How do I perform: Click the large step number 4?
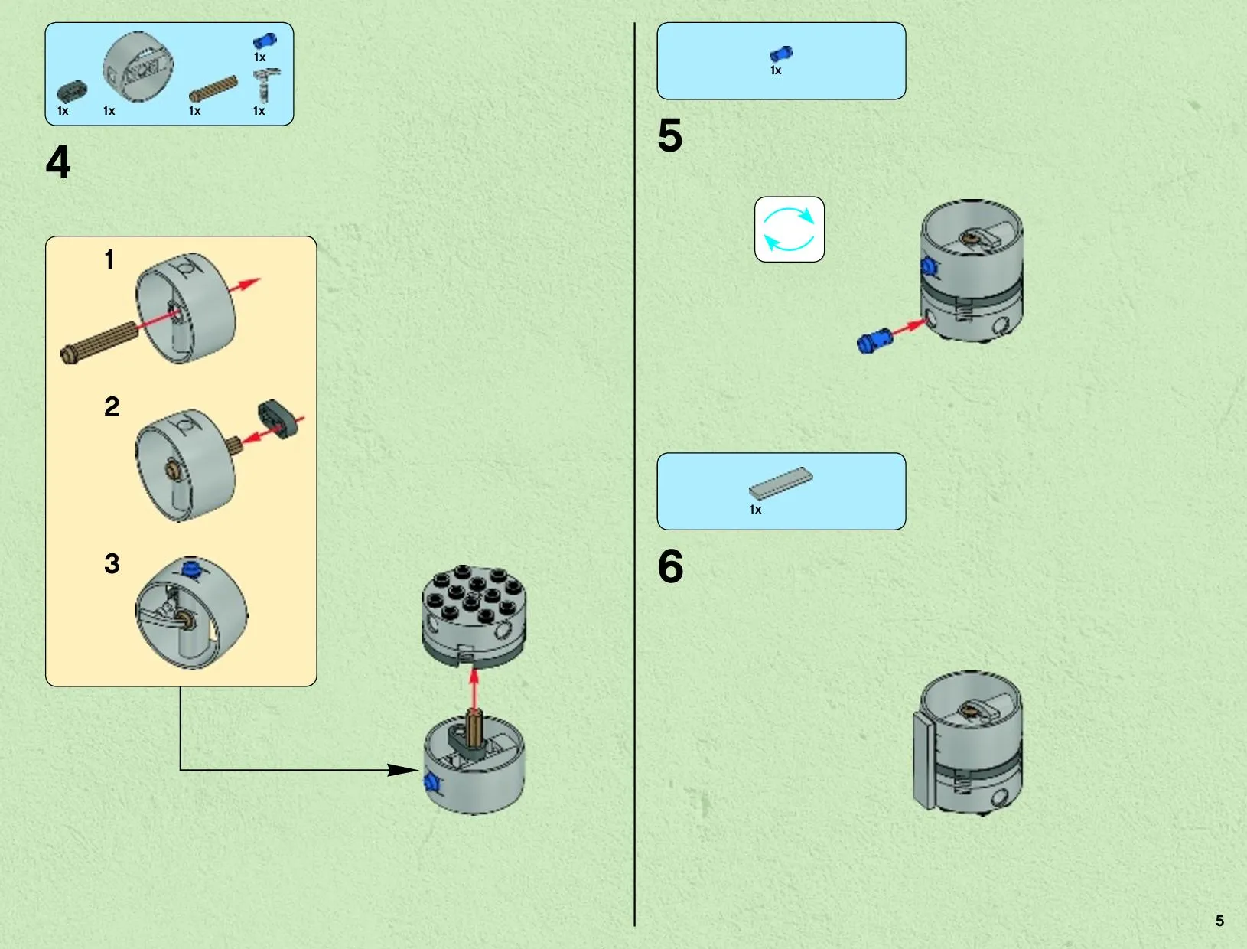click(58, 162)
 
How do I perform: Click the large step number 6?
click(670, 566)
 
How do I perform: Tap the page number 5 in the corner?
click(1219, 921)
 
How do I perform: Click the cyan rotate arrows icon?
click(790, 230)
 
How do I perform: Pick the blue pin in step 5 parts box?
click(781, 54)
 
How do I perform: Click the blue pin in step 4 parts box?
click(264, 41)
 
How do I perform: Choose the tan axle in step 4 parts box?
click(213, 89)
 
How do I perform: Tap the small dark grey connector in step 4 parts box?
click(72, 91)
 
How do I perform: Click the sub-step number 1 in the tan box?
click(109, 260)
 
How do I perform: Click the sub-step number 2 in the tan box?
click(112, 406)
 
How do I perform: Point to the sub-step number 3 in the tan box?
click(112, 564)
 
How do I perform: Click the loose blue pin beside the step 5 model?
click(875, 339)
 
